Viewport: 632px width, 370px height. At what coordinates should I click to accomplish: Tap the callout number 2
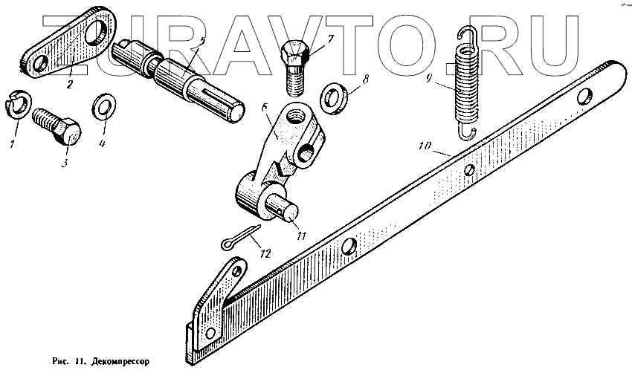click(x=69, y=85)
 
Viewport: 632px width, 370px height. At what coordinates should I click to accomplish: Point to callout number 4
click(x=103, y=144)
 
